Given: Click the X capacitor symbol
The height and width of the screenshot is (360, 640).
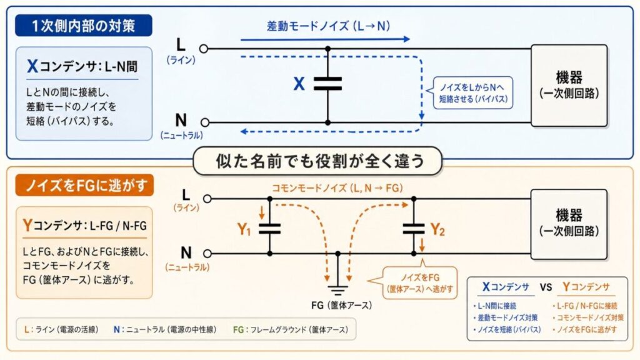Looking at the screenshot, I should click(x=327, y=84).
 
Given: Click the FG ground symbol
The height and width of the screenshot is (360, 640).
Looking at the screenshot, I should click(x=338, y=289).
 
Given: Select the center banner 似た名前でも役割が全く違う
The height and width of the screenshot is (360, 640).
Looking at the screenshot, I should click(x=319, y=161).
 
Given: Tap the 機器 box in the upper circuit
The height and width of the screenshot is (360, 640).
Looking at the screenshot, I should click(x=569, y=85).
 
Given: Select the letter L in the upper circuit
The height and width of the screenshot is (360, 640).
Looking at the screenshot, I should click(x=181, y=45).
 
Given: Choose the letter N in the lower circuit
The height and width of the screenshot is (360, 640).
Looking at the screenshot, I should click(x=186, y=252).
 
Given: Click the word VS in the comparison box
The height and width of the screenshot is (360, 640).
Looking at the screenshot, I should click(x=545, y=287).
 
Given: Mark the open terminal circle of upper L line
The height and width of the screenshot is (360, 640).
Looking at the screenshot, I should click(x=204, y=48).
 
